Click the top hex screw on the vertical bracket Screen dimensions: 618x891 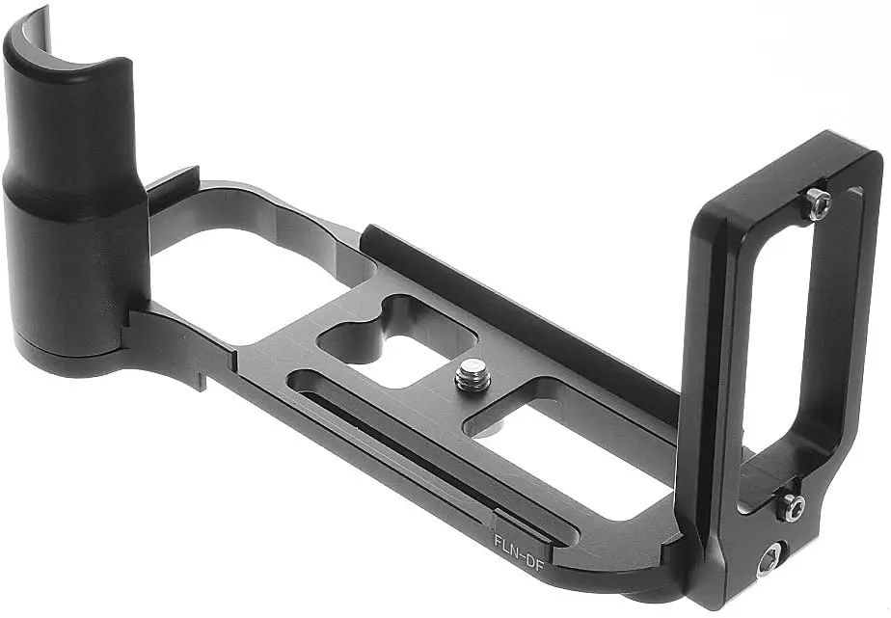coord(817,203)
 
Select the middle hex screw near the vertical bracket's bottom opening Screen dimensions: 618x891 coord(790,506)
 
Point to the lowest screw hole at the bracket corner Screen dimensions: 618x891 coord(769,560)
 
